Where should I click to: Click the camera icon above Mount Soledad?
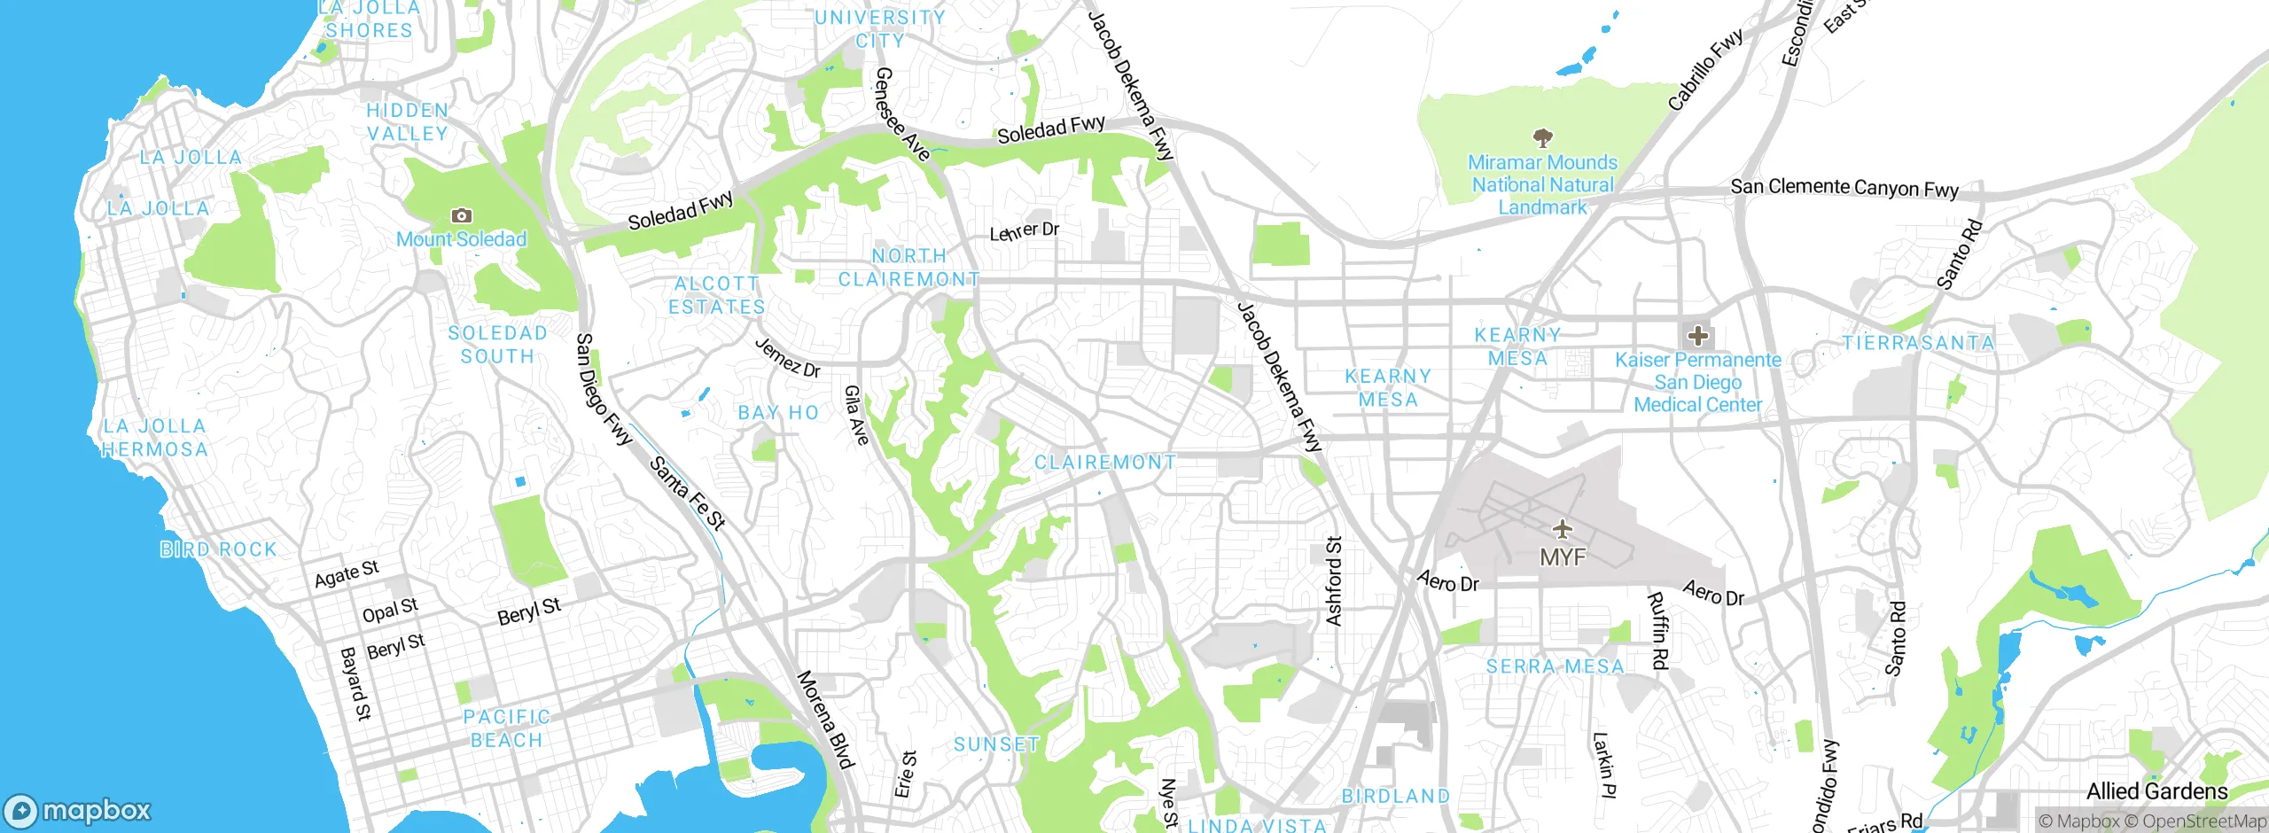click(461, 215)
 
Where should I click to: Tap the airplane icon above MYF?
click(1563, 530)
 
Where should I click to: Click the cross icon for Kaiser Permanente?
click(1697, 336)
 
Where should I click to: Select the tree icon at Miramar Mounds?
click(1542, 137)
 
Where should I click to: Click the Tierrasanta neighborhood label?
click(1918, 343)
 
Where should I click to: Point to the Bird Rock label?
click(218, 549)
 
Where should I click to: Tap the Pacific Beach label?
click(506, 728)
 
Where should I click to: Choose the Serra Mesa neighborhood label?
click(1555, 666)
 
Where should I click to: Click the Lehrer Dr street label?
click(1024, 231)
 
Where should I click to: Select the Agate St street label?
click(347, 574)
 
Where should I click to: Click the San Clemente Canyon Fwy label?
click(1844, 188)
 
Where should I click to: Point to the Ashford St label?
click(1334, 581)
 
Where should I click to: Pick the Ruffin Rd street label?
click(1658, 630)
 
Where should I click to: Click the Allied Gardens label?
click(2156, 791)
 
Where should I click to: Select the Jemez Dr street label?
click(787, 358)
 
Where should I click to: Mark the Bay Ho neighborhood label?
click(778, 413)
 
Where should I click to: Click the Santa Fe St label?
click(688, 493)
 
